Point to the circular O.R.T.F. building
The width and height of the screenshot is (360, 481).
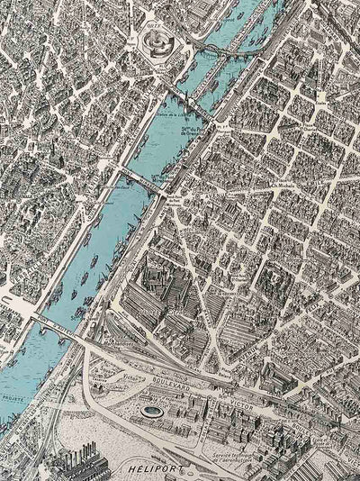(x=157, y=39)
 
